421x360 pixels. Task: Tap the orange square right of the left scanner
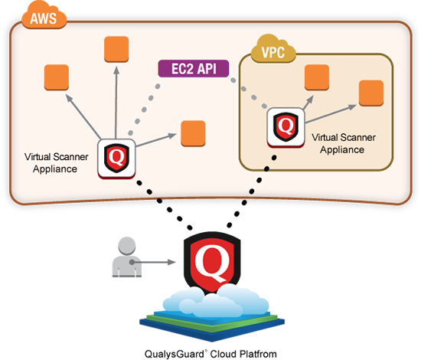(191, 138)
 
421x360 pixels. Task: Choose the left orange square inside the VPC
(316, 77)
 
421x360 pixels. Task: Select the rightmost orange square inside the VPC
(371, 92)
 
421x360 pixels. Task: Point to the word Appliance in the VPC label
(338, 149)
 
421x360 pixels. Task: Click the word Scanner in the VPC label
(355, 139)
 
